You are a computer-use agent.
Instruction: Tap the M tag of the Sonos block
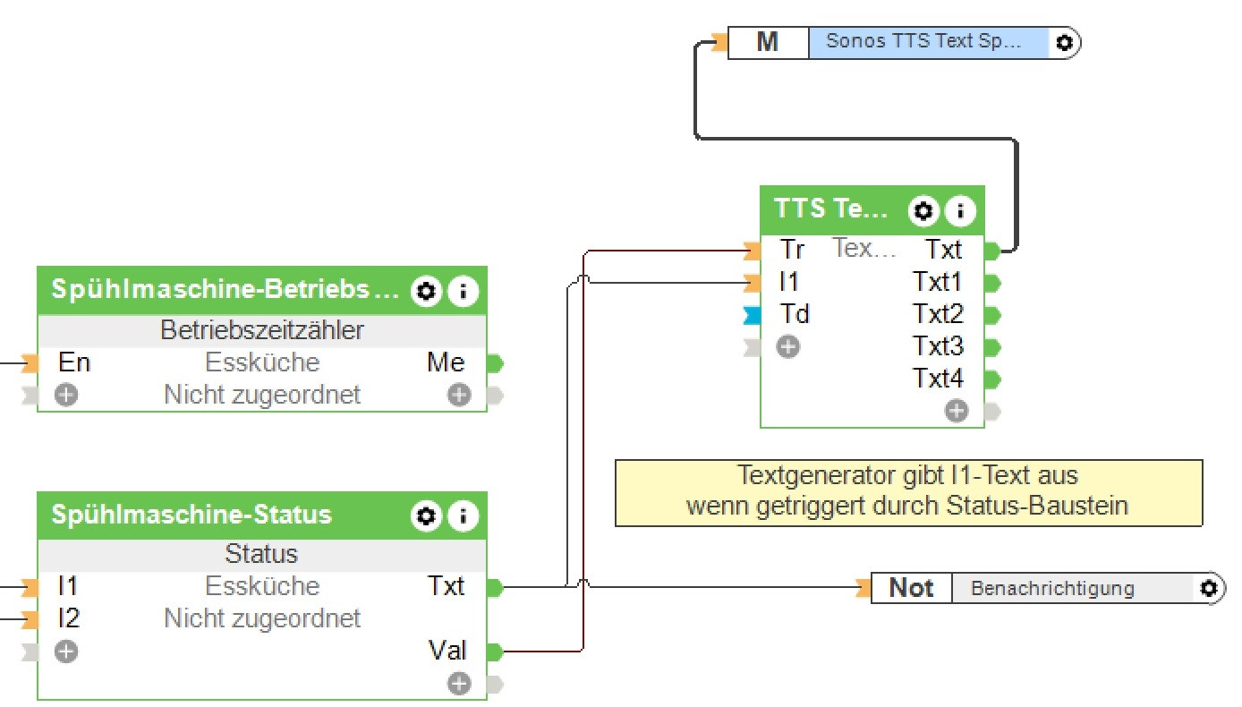[767, 42]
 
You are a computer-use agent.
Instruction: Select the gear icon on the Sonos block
[1063, 42]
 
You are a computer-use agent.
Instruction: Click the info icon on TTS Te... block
[960, 211]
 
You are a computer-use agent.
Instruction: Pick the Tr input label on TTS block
[792, 250]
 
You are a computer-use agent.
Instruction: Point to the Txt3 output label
[937, 346]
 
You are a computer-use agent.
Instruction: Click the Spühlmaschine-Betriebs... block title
[224, 290]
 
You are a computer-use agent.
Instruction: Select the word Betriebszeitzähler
[262, 330]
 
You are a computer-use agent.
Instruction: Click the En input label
[74, 362]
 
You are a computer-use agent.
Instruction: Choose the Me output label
[446, 362]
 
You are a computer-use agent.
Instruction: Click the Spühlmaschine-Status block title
[191, 515]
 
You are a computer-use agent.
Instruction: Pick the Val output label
[447, 652]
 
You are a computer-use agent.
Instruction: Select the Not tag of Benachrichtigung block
[910, 588]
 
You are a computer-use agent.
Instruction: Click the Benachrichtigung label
[1052, 588]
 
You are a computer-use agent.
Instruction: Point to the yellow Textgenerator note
[907, 490]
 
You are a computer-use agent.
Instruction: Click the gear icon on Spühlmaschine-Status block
[427, 515]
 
